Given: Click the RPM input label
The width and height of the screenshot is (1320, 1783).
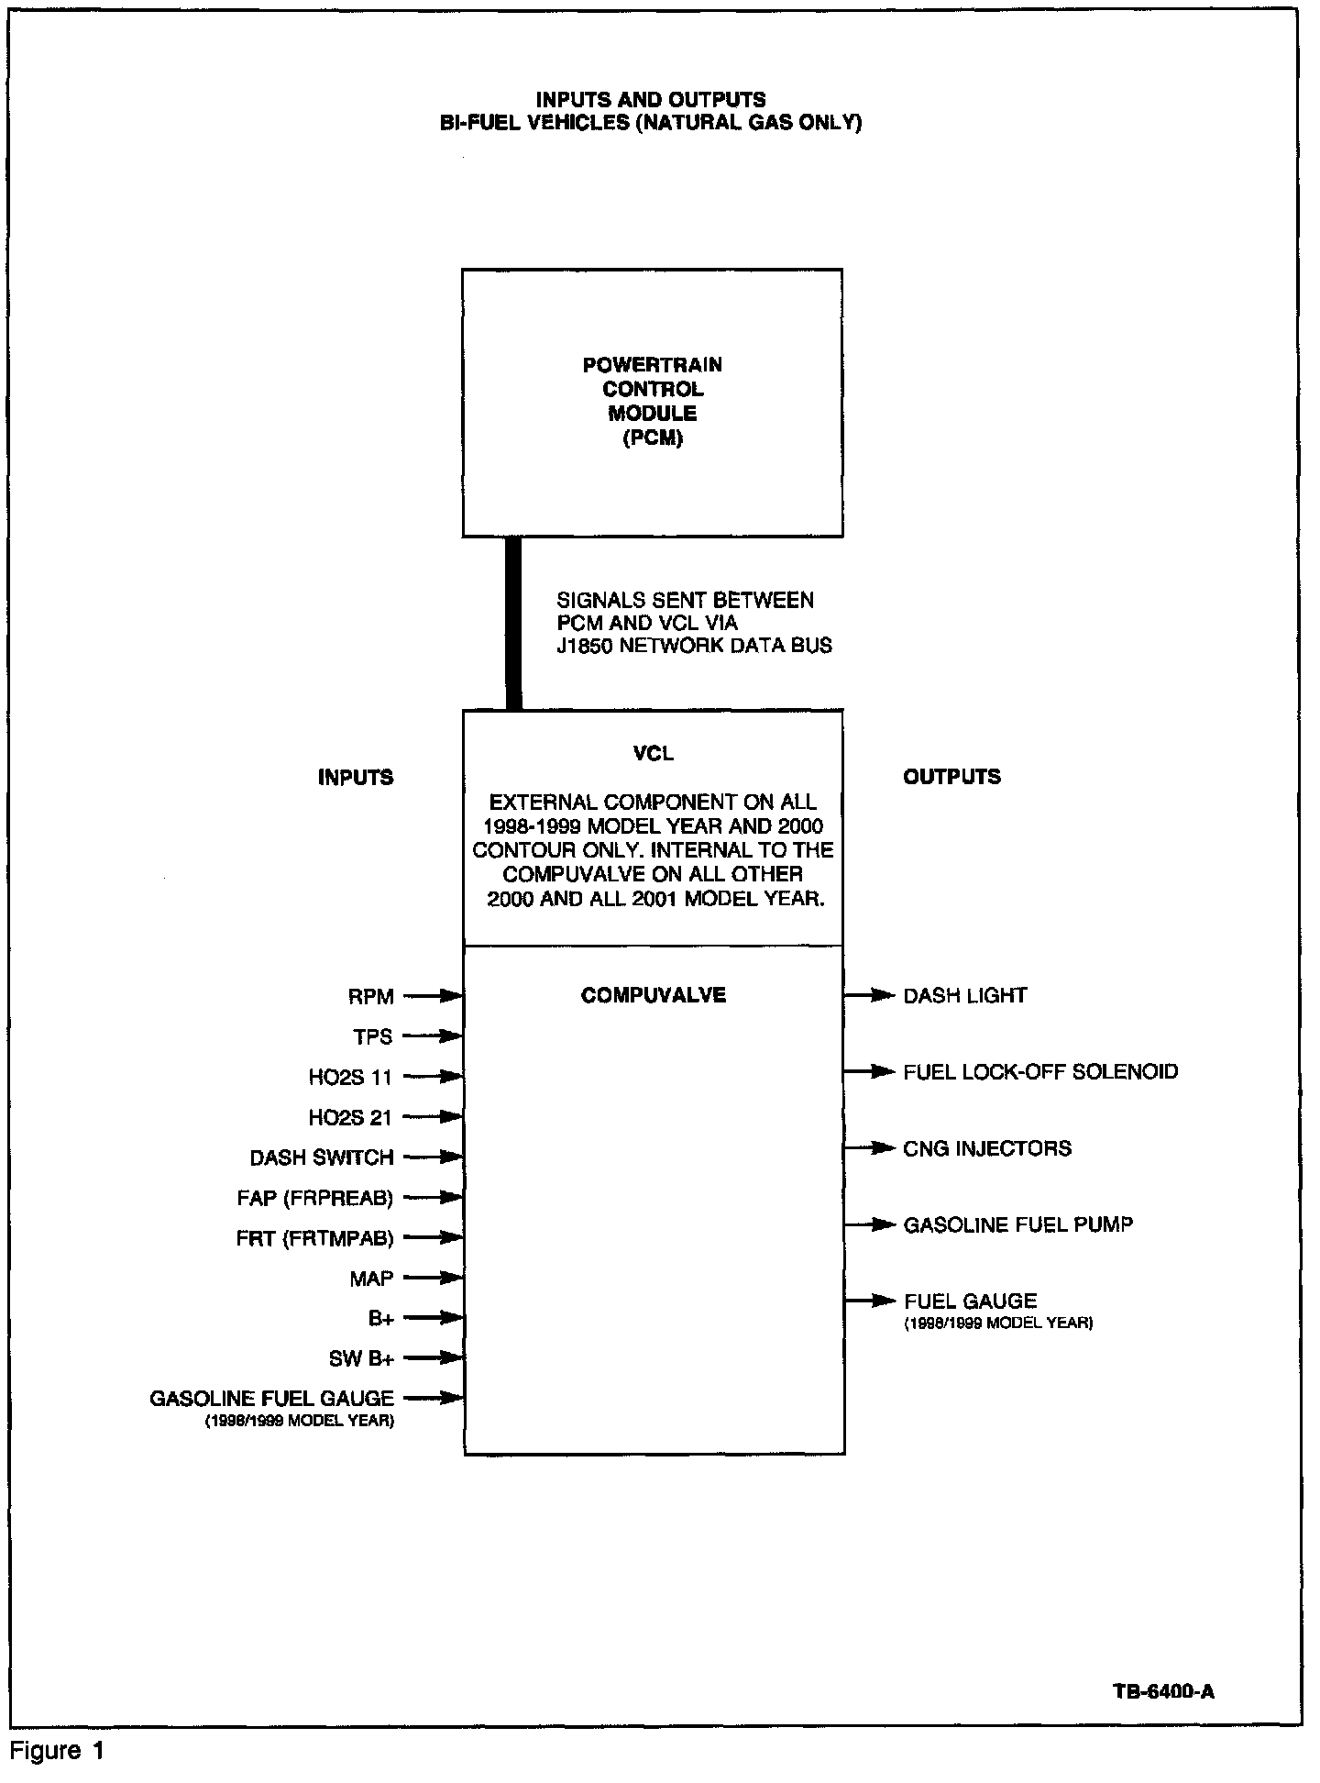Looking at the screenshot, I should tap(370, 996).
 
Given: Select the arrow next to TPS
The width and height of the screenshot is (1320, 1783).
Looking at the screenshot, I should tap(432, 1036).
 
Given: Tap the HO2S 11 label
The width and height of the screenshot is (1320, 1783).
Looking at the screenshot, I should tap(350, 1078).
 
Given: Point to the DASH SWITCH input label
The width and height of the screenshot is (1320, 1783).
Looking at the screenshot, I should tap(322, 1158).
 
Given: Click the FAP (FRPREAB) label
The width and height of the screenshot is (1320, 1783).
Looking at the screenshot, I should tap(314, 1198).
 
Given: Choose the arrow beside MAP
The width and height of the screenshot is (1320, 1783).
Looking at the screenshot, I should tap(432, 1278).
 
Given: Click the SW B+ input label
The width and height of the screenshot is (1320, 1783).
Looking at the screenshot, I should tap(361, 1358).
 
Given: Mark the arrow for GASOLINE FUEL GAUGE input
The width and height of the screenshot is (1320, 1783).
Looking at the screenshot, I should tap(432, 1398).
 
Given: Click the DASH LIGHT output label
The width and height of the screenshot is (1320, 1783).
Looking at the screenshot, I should tap(965, 996).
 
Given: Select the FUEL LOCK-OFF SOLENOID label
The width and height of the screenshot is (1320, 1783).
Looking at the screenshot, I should tap(1040, 1071).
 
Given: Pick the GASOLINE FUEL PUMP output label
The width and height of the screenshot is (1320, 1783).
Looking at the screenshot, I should tap(1017, 1224).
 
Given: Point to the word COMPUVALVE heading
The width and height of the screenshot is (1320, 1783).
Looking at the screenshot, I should tap(653, 996).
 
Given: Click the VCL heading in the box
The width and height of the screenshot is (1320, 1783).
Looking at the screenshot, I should tap(653, 754).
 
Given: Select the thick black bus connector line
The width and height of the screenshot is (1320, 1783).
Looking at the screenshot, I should tap(514, 623).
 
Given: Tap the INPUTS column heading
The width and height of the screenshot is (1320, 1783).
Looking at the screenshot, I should tap(356, 778).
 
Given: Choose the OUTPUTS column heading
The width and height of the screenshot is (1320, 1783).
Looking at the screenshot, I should tap(951, 777).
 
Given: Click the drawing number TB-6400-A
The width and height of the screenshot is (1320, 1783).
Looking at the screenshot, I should tap(1163, 1692).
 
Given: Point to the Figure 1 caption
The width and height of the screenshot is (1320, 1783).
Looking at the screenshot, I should tap(59, 1751).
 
